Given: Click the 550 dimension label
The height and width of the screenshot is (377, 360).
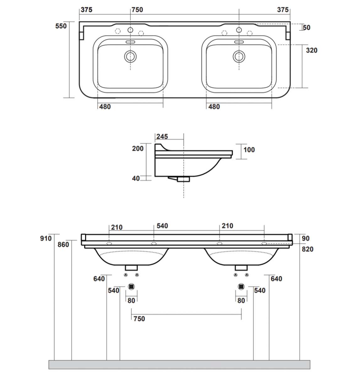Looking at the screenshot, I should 61,26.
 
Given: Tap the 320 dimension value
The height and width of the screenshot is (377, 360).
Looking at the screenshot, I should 312,50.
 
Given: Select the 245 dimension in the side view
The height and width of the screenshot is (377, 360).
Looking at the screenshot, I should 162,136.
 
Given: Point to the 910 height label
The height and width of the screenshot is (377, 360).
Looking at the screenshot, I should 46,238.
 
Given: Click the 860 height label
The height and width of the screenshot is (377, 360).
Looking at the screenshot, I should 63,244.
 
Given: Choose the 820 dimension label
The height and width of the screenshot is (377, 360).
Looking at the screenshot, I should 307,249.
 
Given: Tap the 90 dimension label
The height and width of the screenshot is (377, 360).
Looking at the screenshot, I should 305,238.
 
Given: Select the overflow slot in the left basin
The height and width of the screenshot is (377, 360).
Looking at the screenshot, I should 130,42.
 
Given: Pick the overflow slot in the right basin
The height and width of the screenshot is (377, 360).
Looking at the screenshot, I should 239,42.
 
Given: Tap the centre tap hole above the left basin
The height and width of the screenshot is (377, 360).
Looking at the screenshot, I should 130,30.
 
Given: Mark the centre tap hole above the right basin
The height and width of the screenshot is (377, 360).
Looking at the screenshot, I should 239,30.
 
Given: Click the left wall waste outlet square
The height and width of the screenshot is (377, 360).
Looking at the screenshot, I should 132,287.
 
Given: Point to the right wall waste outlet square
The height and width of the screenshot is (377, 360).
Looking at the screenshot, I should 241,287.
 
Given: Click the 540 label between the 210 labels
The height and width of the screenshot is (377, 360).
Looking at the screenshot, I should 162,226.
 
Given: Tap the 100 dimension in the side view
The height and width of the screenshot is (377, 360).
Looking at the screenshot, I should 249,150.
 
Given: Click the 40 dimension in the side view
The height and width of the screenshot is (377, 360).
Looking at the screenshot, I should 136,178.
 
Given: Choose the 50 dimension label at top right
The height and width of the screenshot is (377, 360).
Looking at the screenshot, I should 307,28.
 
